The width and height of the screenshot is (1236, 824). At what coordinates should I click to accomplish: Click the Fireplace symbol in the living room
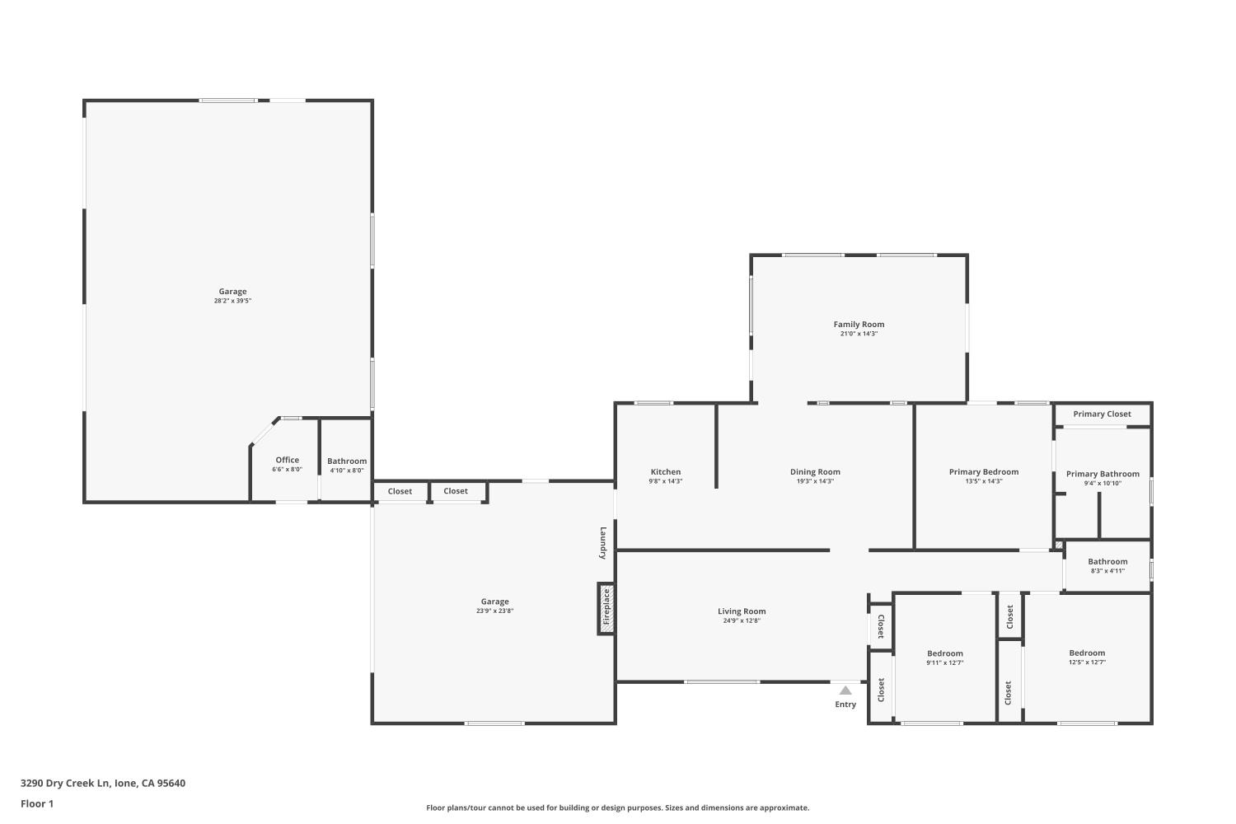click(x=606, y=609)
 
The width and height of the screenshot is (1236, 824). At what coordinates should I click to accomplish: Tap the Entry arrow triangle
click(x=845, y=691)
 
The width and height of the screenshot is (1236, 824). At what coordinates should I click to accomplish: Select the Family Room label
click(x=859, y=325)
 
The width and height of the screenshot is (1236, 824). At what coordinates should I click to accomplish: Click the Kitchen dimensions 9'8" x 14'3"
click(x=666, y=481)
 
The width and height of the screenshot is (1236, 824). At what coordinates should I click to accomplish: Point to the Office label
click(x=288, y=460)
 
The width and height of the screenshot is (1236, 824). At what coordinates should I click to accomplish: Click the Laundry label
click(x=603, y=543)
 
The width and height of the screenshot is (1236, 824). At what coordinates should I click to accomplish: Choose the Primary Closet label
click(x=1102, y=414)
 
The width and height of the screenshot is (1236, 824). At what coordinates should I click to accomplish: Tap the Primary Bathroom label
click(x=1103, y=474)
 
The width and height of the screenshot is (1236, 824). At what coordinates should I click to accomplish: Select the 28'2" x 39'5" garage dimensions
click(x=232, y=301)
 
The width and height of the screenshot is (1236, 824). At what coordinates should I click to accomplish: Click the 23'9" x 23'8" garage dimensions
click(x=494, y=611)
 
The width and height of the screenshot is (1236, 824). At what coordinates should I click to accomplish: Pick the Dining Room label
click(x=815, y=472)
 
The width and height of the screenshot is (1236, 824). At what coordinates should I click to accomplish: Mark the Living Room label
click(x=742, y=611)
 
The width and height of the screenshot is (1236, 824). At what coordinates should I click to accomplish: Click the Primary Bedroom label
click(x=984, y=472)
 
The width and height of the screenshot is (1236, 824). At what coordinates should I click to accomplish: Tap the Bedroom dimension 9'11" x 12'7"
click(x=944, y=662)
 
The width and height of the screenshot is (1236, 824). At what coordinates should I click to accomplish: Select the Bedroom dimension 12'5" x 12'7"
click(x=1087, y=662)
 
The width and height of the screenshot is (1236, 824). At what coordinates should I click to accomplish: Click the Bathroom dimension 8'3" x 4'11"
click(x=1107, y=571)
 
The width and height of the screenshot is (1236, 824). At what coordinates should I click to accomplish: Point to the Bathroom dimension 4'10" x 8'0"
click(x=347, y=471)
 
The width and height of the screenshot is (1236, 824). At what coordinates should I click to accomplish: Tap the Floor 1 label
click(x=37, y=803)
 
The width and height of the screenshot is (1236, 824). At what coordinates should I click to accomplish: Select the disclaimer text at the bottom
click(x=617, y=808)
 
